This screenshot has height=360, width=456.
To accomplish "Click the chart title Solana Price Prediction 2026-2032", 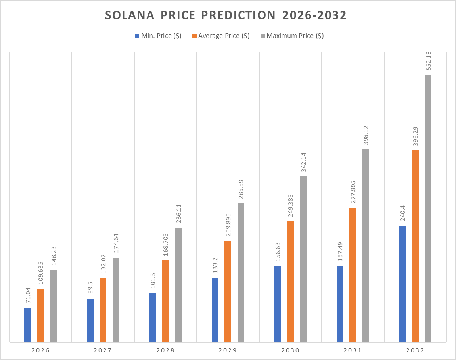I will (226, 15).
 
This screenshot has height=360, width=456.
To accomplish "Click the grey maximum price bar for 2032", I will (428, 208).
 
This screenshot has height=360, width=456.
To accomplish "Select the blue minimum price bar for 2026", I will (27, 325).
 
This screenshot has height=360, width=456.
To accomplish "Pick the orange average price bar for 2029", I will (228, 291).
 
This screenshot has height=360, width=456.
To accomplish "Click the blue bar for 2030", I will (277, 304).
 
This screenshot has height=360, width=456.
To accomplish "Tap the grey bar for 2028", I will (178, 285).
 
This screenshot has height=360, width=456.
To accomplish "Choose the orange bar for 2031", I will (353, 274).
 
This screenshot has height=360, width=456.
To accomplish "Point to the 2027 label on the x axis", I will (103, 350).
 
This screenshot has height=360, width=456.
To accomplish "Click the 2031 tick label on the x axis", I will (353, 350).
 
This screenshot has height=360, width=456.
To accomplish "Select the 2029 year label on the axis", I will (228, 350).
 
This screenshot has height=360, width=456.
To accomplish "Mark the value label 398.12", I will (366, 135).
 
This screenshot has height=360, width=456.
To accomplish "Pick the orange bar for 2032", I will (415, 246).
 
